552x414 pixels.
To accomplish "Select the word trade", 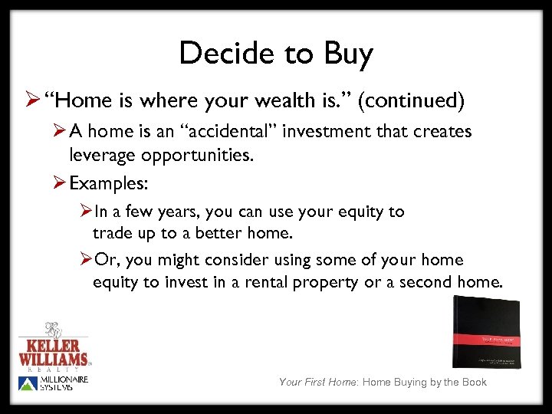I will [111, 233].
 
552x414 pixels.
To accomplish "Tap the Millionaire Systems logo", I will [54, 383].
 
